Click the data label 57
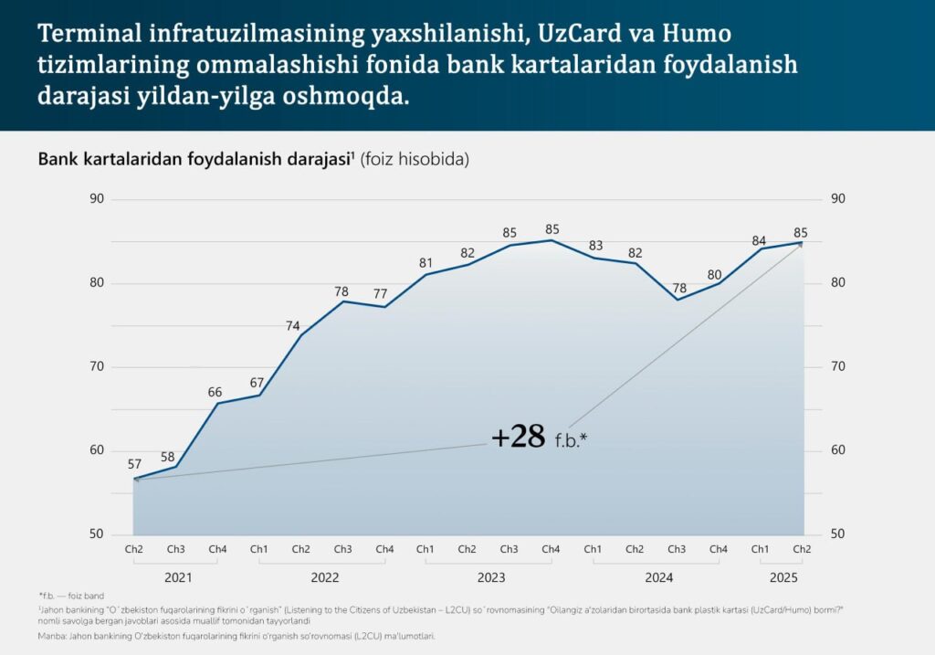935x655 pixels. pos(134,464)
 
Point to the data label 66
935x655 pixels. pos(215,393)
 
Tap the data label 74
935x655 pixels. pos(293,326)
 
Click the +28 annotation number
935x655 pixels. pos(518,437)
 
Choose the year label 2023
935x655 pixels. pos(491,577)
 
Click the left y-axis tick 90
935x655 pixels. pos(97,199)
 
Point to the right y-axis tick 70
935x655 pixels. pos(838,367)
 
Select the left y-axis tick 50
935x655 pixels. pos(97,534)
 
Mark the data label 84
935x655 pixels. pos(759,240)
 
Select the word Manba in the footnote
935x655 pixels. pos(54,634)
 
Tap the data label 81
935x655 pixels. pos(425,263)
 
